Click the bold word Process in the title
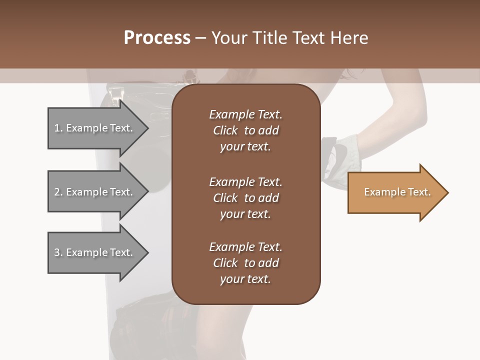tap(157, 38)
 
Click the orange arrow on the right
tap(395, 192)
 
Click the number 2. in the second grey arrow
tap(58, 192)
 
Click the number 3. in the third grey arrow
tap(58, 252)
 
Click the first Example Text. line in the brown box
tap(245, 114)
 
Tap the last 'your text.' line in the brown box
tap(245, 279)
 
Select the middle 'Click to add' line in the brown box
tap(245, 198)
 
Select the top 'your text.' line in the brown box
tap(245, 147)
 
